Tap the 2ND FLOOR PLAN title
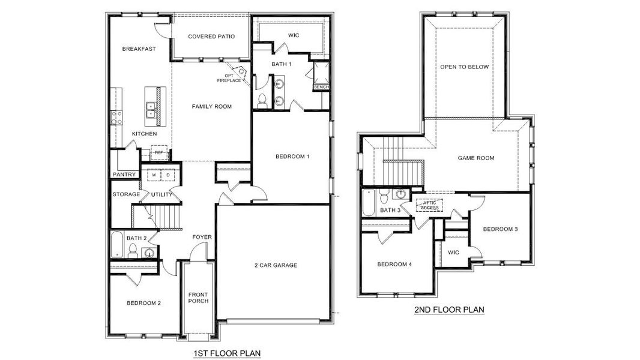click(x=449, y=310)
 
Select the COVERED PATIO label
click(x=211, y=37)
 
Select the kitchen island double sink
click(x=151, y=109)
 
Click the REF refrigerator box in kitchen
click(x=158, y=153)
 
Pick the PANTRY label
click(x=124, y=175)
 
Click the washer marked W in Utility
click(x=154, y=175)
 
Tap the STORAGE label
click(x=126, y=194)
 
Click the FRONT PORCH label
click(x=198, y=298)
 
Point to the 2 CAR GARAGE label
click(x=276, y=265)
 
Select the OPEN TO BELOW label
click(x=464, y=67)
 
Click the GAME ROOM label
click(x=476, y=158)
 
